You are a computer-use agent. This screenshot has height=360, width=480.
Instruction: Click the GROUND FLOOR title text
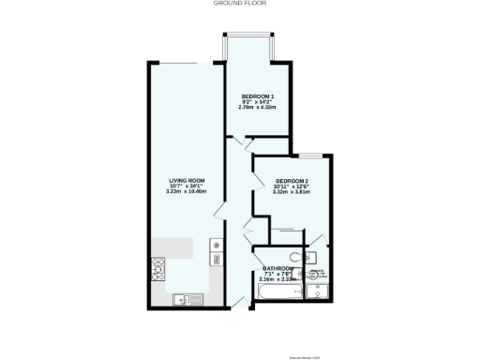[241, 4]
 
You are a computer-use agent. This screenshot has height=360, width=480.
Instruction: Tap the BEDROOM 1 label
[258, 97]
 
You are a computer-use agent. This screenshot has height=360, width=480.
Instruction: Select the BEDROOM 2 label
[292, 180]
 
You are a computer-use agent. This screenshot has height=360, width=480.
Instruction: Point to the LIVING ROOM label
[187, 180]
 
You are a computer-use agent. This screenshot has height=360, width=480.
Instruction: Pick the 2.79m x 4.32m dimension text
[258, 109]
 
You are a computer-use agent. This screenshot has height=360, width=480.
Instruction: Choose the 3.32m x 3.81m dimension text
[292, 191]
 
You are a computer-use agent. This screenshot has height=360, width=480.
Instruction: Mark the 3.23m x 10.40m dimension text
[187, 191]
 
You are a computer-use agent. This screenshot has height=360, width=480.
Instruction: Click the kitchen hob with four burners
[158, 271]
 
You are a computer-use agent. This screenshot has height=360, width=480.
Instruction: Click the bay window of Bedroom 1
[248, 47]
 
